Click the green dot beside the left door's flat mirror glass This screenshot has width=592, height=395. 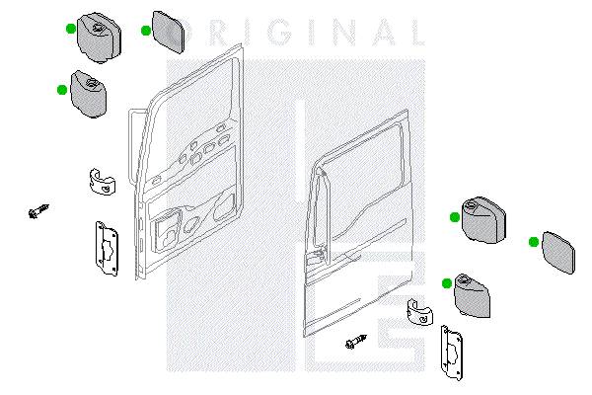[146, 31]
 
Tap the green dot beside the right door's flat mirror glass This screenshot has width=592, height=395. [534, 242]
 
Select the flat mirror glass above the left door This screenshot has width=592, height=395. [168, 32]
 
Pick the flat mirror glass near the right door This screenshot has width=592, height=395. [558, 252]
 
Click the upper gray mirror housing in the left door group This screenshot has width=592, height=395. [99, 38]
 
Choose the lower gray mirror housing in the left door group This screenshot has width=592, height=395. [89, 94]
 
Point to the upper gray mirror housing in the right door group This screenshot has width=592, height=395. [483, 219]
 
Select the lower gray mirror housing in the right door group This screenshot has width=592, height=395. [472, 296]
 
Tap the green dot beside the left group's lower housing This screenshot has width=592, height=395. [62, 90]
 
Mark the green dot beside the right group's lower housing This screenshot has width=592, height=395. [447, 283]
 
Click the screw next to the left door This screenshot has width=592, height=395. [38, 211]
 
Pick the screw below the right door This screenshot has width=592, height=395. [356, 342]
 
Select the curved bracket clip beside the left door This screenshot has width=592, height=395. [103, 182]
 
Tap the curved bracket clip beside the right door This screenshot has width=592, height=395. [419, 312]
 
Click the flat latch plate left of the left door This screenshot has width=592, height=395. [107, 248]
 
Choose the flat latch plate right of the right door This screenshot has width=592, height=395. [452, 353]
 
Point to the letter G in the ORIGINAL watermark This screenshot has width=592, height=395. [280, 33]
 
